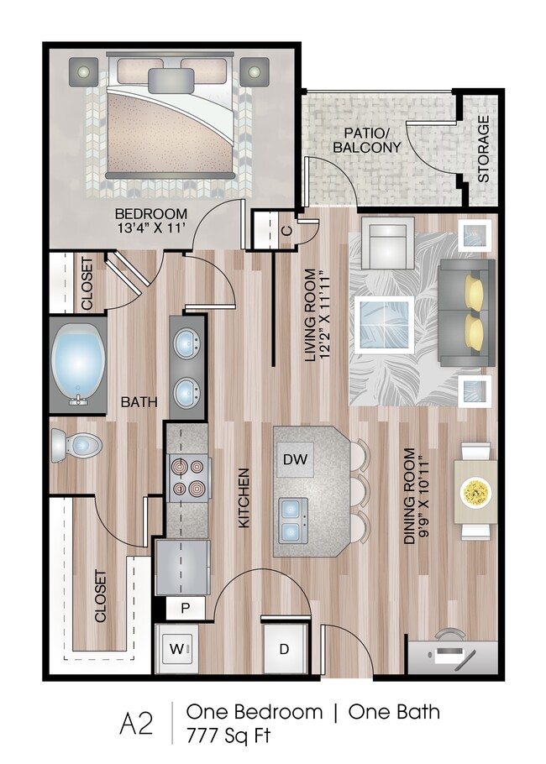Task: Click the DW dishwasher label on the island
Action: (294, 459)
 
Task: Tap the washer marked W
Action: (176, 647)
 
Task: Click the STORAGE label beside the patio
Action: (483, 149)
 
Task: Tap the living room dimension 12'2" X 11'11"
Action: (326, 315)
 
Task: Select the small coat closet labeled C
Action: (286, 229)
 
